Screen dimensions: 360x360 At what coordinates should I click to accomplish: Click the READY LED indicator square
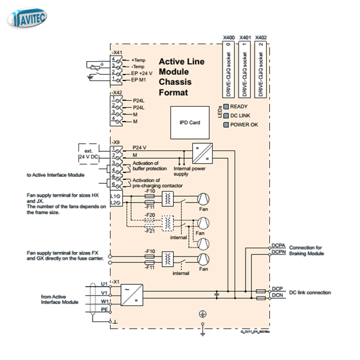(226, 107)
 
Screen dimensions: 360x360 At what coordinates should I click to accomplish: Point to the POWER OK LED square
(226, 124)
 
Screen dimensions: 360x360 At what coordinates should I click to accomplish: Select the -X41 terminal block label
(116, 52)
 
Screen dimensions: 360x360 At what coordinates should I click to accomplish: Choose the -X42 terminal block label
(116, 93)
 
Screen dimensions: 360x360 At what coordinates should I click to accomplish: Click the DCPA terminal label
(278, 246)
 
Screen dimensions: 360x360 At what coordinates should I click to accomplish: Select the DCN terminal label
(276, 295)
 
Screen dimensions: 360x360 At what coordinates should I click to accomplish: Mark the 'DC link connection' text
(310, 292)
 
